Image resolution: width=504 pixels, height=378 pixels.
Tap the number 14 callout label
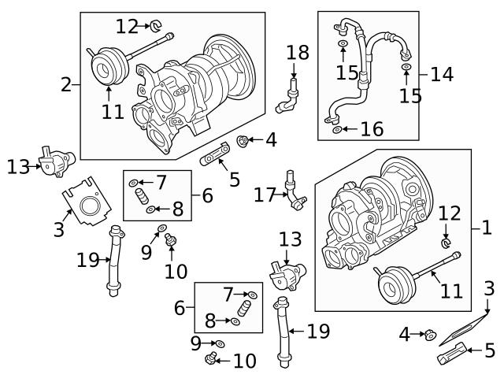[x=442, y=74]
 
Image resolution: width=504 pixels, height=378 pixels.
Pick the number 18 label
[x=298, y=54]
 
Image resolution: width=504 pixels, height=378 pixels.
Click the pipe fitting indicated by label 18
[x=288, y=96]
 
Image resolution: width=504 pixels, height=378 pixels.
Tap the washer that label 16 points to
[x=338, y=129]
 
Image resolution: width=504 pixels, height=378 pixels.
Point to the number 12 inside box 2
[x=126, y=27]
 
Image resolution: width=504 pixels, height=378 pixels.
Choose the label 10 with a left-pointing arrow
[x=244, y=361]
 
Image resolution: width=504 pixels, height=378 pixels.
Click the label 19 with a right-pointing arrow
[x=88, y=259]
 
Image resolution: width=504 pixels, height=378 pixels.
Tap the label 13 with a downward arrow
[x=291, y=239]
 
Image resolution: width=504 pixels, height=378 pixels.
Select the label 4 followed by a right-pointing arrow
[x=405, y=335]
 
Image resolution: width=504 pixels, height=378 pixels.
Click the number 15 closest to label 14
[x=409, y=96]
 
